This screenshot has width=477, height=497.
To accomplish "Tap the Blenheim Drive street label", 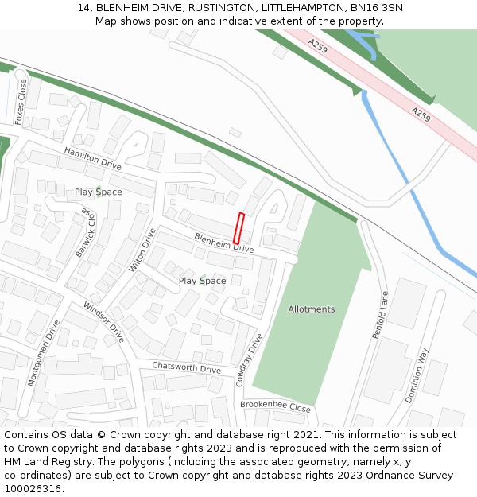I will pyautogui.click(x=224, y=243).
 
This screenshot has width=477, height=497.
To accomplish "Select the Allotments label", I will pyautogui.click(x=312, y=309).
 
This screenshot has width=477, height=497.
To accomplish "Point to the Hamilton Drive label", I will pyautogui.click(x=93, y=159).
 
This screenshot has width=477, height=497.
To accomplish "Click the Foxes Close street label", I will pyautogui.click(x=21, y=101).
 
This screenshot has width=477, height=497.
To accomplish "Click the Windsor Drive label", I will pyautogui.click(x=103, y=322).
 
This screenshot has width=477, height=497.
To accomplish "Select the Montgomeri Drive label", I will pyautogui.click(x=44, y=353).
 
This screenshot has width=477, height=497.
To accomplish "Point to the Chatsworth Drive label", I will pyautogui.click(x=187, y=369).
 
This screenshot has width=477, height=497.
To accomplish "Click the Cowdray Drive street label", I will pyautogui.click(x=249, y=360).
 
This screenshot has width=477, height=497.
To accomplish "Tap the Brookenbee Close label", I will pyautogui.click(x=275, y=406).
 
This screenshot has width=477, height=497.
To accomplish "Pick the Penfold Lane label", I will pyautogui.click(x=381, y=314).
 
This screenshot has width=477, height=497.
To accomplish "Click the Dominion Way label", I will pyautogui.click(x=417, y=375).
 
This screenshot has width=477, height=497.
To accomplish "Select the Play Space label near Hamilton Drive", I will pyautogui.click(x=99, y=192).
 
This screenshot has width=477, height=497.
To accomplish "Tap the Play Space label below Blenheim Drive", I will pyautogui.click(x=202, y=281).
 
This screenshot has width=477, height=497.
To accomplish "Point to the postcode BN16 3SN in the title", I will pyautogui.click(x=375, y=8).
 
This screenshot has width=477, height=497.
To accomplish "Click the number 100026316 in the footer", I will pyautogui.click(x=33, y=489).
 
